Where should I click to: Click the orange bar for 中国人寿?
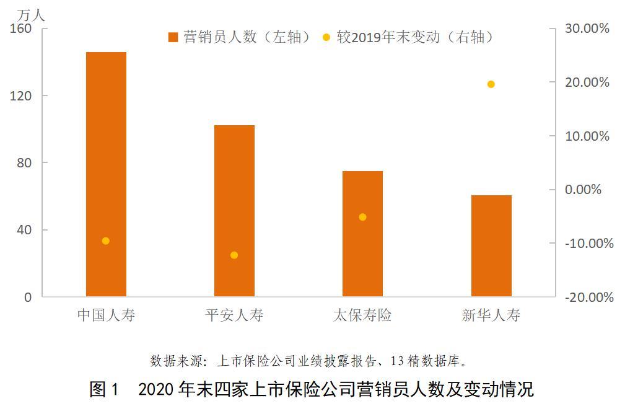(106, 174)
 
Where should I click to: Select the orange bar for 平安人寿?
(234, 211)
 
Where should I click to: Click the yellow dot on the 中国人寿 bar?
(105, 241)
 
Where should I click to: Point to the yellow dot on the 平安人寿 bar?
(234, 255)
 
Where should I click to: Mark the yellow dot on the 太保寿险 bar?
(362, 217)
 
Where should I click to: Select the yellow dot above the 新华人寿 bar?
(491, 84)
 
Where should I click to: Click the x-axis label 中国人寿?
(106, 315)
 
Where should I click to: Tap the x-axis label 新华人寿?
(491, 315)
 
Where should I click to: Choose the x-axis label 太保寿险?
(362, 315)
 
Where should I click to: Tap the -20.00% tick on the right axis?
(588, 297)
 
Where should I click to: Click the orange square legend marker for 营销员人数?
(173, 37)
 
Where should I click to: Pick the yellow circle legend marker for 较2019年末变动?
(326, 37)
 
